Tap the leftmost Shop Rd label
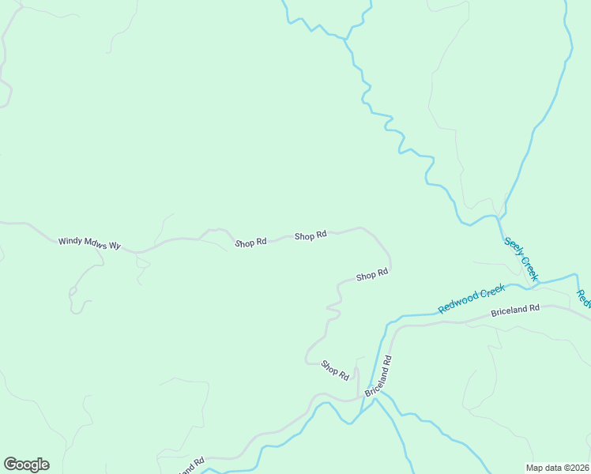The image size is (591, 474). tap(250, 243)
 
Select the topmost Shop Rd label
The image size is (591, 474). tap(311, 235)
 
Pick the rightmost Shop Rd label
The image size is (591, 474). tap(371, 276)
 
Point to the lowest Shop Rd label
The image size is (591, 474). tap(335, 369)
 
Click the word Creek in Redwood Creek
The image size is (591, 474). tap(493, 290)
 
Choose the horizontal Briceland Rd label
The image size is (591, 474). tap(514, 309)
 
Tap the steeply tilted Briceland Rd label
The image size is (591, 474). tap(378, 376)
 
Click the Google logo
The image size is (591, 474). tap(26, 465)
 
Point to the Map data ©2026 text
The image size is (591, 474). tap(557, 467)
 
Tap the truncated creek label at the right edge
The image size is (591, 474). tap(582, 299)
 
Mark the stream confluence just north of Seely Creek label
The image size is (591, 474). tap(499, 216)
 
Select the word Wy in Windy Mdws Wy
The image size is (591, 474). tap(115, 246)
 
